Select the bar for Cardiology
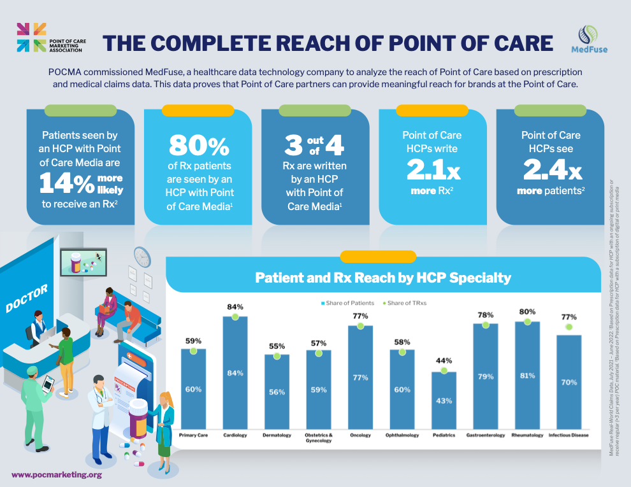coord(235,372)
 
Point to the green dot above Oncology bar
coord(360,325)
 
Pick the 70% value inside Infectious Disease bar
coord(569,383)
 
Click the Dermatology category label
coord(277,435)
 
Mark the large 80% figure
coord(199,146)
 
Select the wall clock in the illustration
coord(141,257)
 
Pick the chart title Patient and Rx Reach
coord(382,278)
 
